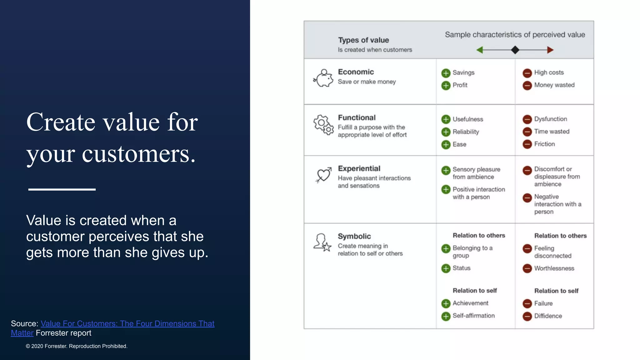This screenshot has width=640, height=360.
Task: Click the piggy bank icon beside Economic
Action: pos(323,78)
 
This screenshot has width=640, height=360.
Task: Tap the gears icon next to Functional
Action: pos(323,125)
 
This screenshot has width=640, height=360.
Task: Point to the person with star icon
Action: pos(322,242)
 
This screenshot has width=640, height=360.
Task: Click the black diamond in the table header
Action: pos(515,50)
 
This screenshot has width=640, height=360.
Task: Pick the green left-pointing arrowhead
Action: pos(480,50)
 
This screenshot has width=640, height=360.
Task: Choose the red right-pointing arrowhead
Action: pos(550,50)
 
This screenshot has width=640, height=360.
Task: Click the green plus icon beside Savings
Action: pos(446,73)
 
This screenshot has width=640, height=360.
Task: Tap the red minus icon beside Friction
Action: pos(527,144)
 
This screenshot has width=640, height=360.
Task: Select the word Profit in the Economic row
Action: pos(460,85)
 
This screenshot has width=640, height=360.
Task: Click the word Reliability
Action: pos(466,132)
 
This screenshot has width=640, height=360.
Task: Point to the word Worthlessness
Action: pos(554,268)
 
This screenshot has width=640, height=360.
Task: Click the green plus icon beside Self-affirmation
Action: pos(446,316)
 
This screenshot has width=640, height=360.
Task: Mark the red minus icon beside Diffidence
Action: pos(527,316)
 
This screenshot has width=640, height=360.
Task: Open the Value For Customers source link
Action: pos(127,323)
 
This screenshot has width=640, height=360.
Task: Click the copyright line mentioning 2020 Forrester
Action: pos(77,346)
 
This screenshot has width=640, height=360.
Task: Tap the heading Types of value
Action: pos(363,40)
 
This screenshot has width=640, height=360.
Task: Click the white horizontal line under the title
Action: pos(62,189)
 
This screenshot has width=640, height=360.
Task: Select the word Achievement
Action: pos(470,303)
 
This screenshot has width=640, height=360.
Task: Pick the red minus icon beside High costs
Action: pos(527,73)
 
